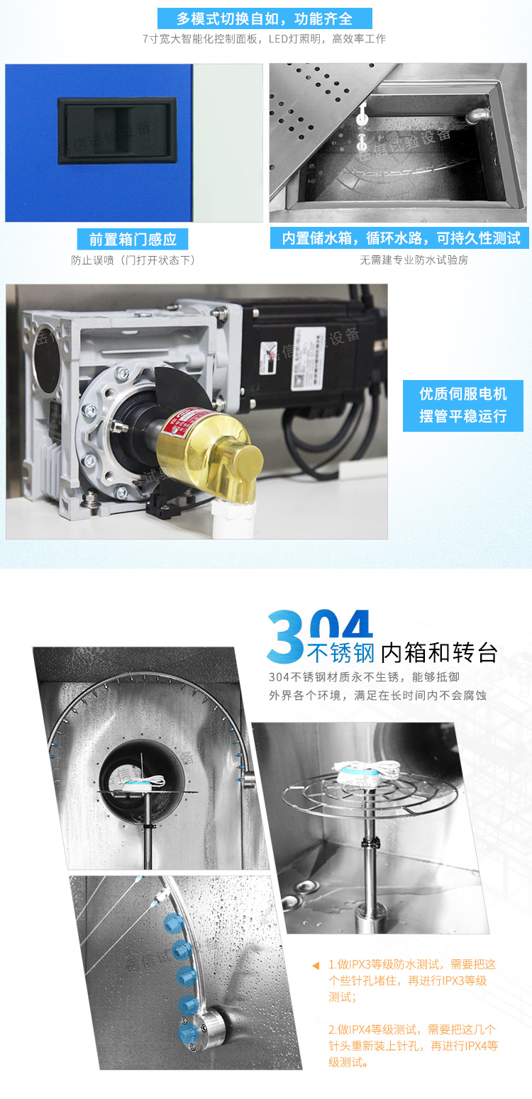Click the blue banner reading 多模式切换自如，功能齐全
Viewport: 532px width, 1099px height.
[x=265, y=18]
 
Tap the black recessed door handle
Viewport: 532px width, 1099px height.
[x=116, y=130]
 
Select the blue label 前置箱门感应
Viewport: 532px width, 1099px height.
[x=133, y=239]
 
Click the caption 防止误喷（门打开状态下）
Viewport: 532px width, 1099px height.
[x=133, y=260]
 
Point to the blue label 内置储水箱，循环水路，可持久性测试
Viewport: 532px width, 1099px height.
[x=400, y=238]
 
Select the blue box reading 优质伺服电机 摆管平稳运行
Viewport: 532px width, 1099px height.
[x=462, y=404]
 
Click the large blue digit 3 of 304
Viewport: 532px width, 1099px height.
[x=286, y=636]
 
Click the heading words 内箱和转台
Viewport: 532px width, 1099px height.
[x=439, y=652]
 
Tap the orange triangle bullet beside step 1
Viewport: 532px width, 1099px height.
[x=316, y=965]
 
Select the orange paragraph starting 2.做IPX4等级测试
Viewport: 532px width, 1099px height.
[x=413, y=1045]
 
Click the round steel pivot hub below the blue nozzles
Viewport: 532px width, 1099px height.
[x=215, y=1023]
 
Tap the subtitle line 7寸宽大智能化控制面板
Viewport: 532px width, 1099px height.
[x=264, y=39]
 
